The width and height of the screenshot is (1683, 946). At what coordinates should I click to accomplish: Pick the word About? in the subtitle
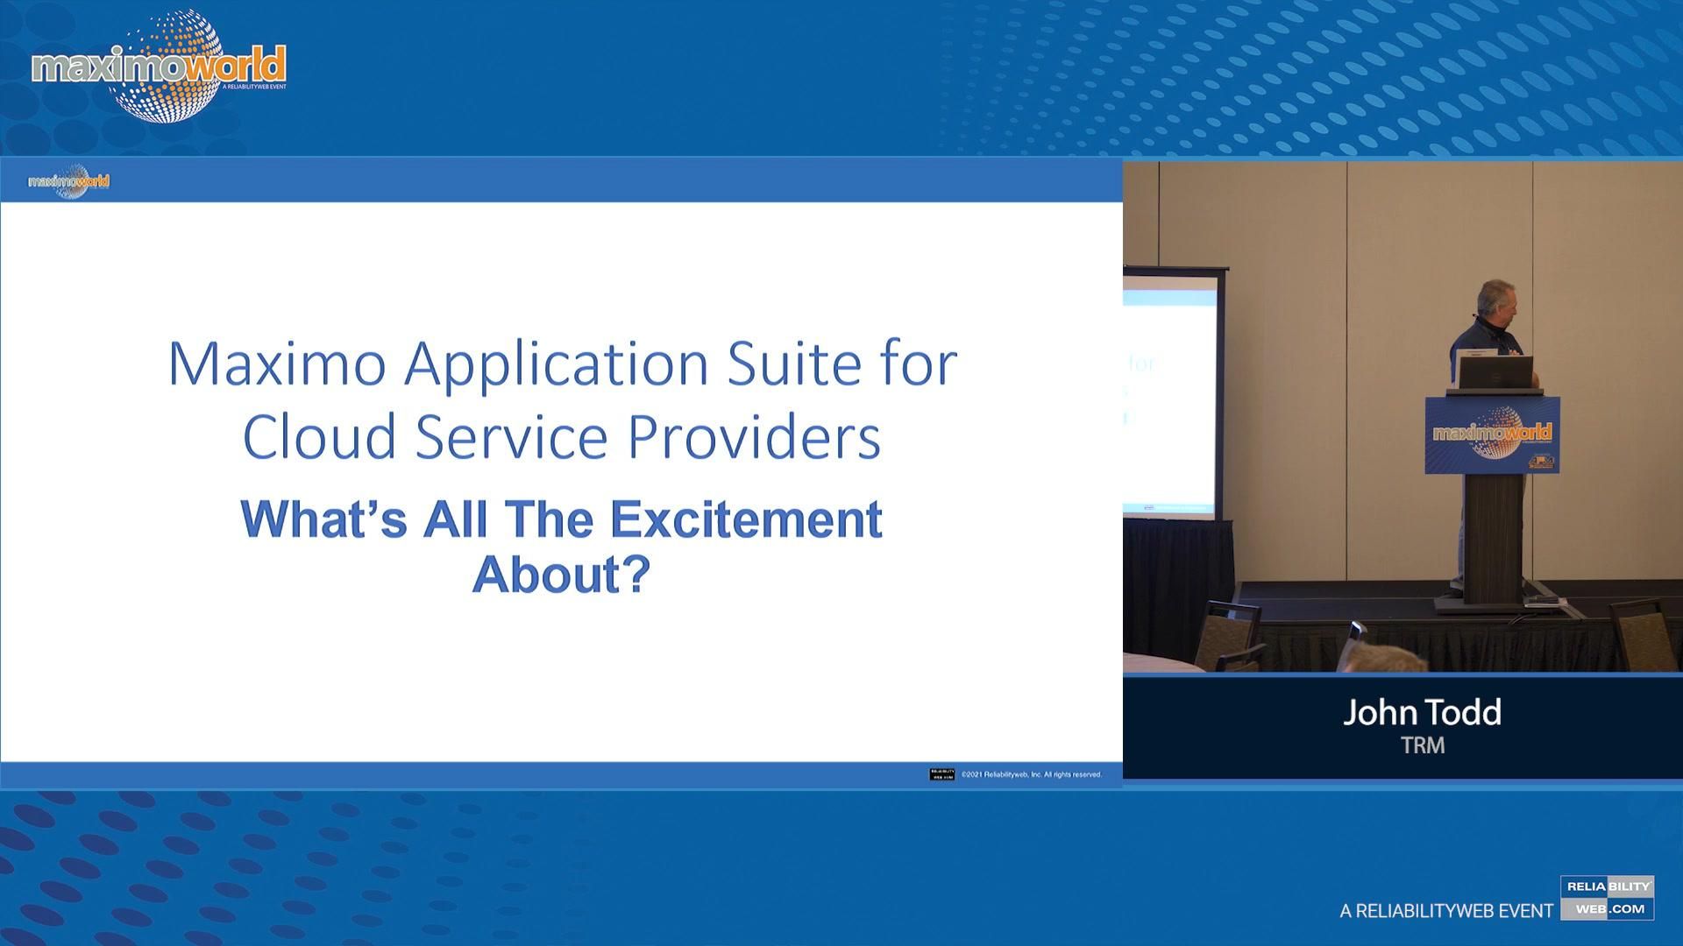pos(561,574)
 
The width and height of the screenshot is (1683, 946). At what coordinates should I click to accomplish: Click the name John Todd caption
pos(1422,712)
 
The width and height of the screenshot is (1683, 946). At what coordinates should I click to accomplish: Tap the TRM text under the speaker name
pos(1422,745)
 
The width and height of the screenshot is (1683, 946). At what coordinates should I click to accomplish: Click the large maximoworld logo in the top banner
pos(159,67)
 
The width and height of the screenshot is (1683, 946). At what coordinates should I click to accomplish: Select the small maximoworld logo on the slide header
pos(69,181)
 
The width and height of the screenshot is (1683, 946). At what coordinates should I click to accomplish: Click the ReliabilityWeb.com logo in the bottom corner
pos(1607,898)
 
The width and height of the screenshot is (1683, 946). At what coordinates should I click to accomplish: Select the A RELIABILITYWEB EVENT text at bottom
pos(1446,911)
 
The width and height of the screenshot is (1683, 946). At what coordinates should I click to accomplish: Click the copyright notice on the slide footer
pos(1031,774)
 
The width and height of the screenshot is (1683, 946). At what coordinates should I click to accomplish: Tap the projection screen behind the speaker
pos(1169,394)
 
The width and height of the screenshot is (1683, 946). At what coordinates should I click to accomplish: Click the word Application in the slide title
pos(556,364)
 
